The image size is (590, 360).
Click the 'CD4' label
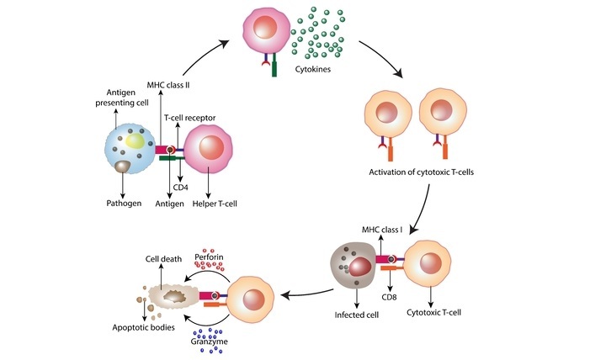(x=180, y=186)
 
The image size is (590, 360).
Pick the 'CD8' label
(x=387, y=295)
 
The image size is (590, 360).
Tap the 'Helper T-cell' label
(x=215, y=204)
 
